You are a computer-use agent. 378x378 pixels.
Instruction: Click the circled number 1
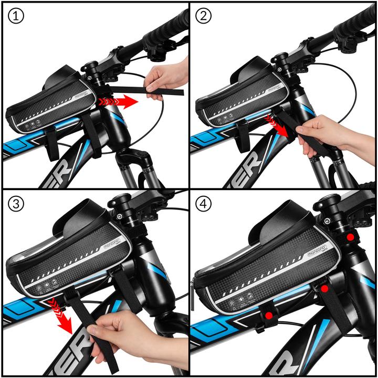coord(16,17)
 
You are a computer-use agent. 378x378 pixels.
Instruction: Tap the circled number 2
coord(204,17)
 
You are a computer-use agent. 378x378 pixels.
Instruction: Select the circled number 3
coord(16,205)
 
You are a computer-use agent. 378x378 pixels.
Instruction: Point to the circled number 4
coord(204,205)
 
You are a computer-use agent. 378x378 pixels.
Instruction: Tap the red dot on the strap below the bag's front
coord(324,289)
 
